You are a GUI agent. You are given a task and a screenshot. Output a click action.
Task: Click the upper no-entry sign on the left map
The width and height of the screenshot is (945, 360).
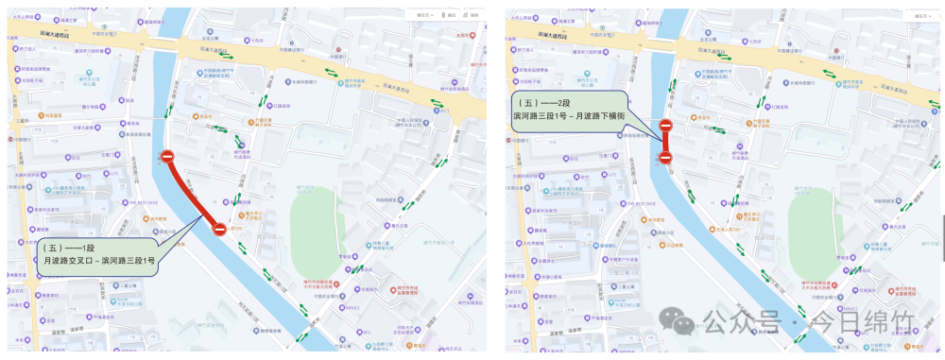click(x=167, y=156)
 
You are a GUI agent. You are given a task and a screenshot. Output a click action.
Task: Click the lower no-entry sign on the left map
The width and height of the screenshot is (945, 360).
click(x=219, y=229)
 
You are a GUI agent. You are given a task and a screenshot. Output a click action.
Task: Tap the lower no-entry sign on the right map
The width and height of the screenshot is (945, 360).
click(x=665, y=157)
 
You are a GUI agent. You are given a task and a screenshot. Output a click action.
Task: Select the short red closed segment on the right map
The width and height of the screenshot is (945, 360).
click(x=665, y=142)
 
